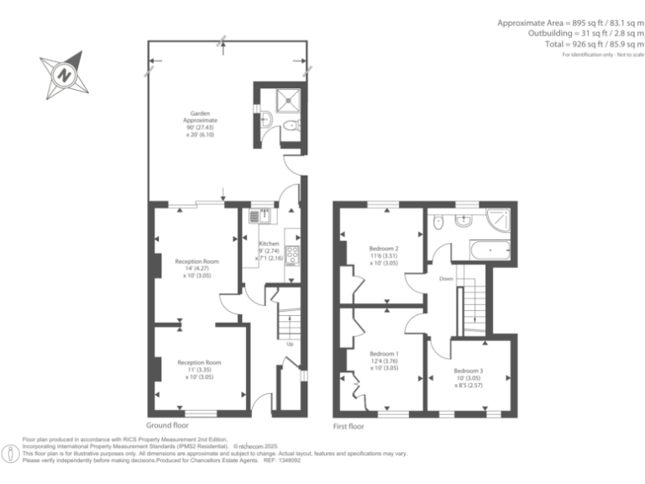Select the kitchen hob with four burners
[x=292, y=253]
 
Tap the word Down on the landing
[x=446, y=278]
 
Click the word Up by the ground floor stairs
[x=291, y=344]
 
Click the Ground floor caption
[x=169, y=426]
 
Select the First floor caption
[x=349, y=426]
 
